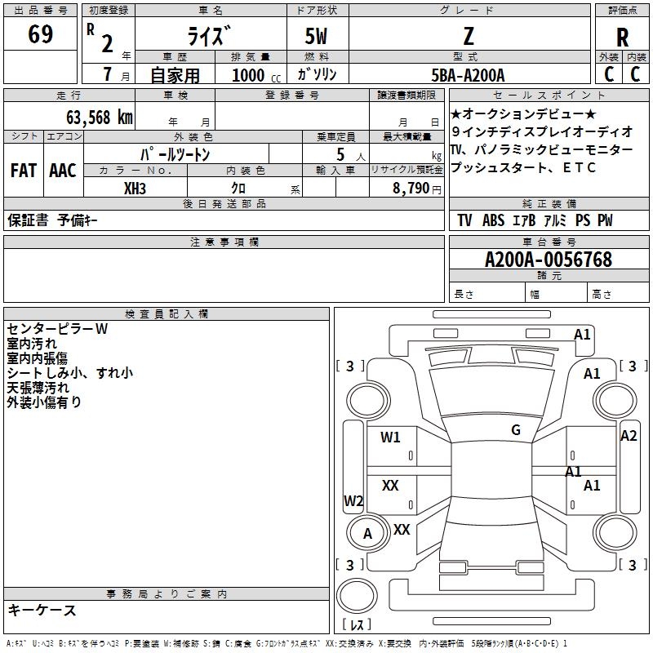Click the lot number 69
tap(40, 33)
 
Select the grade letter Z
tap(469, 36)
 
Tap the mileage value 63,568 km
tap(100, 118)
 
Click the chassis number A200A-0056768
tap(549, 260)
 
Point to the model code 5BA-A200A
tap(468, 75)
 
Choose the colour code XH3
tap(135, 189)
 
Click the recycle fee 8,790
tap(411, 189)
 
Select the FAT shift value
tap(24, 171)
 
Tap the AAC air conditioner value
tap(63, 171)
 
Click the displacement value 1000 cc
tap(256, 75)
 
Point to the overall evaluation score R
tap(622, 38)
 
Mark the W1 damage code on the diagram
tap(390, 438)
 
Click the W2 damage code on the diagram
tap(353, 500)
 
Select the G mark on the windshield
tap(516, 430)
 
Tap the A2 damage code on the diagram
tap(629, 436)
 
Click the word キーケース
tap(42, 611)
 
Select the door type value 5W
tap(316, 36)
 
